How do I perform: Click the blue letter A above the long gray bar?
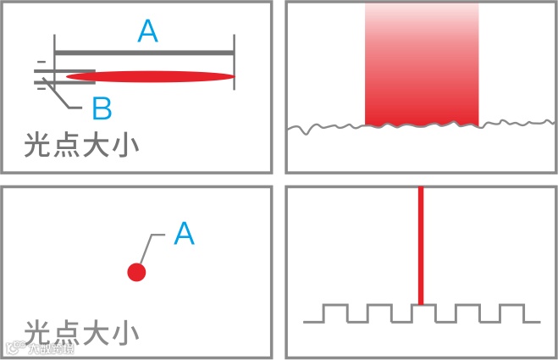(147, 31)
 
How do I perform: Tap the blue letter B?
(101, 108)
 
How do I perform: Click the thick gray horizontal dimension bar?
(144, 53)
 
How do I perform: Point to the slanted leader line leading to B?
(68, 95)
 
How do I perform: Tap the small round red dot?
(136, 272)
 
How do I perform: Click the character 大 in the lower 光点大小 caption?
(96, 332)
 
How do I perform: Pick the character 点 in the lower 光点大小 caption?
(67, 332)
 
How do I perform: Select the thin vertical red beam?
(421, 246)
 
